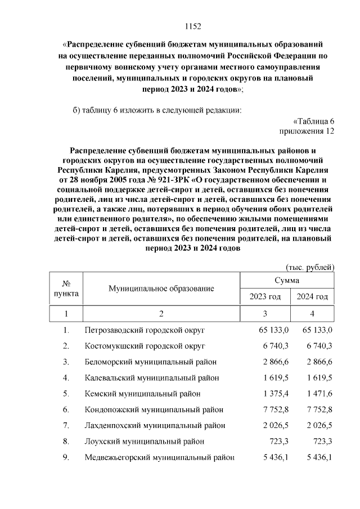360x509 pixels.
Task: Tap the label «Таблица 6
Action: [314, 121]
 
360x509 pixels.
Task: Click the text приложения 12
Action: [307, 131]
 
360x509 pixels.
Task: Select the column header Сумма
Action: [287, 280]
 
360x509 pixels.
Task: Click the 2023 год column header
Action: [264, 296]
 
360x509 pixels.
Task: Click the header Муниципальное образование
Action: [161, 288]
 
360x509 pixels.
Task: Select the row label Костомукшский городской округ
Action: [145, 345]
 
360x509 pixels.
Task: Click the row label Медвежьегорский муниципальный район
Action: [159, 457]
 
